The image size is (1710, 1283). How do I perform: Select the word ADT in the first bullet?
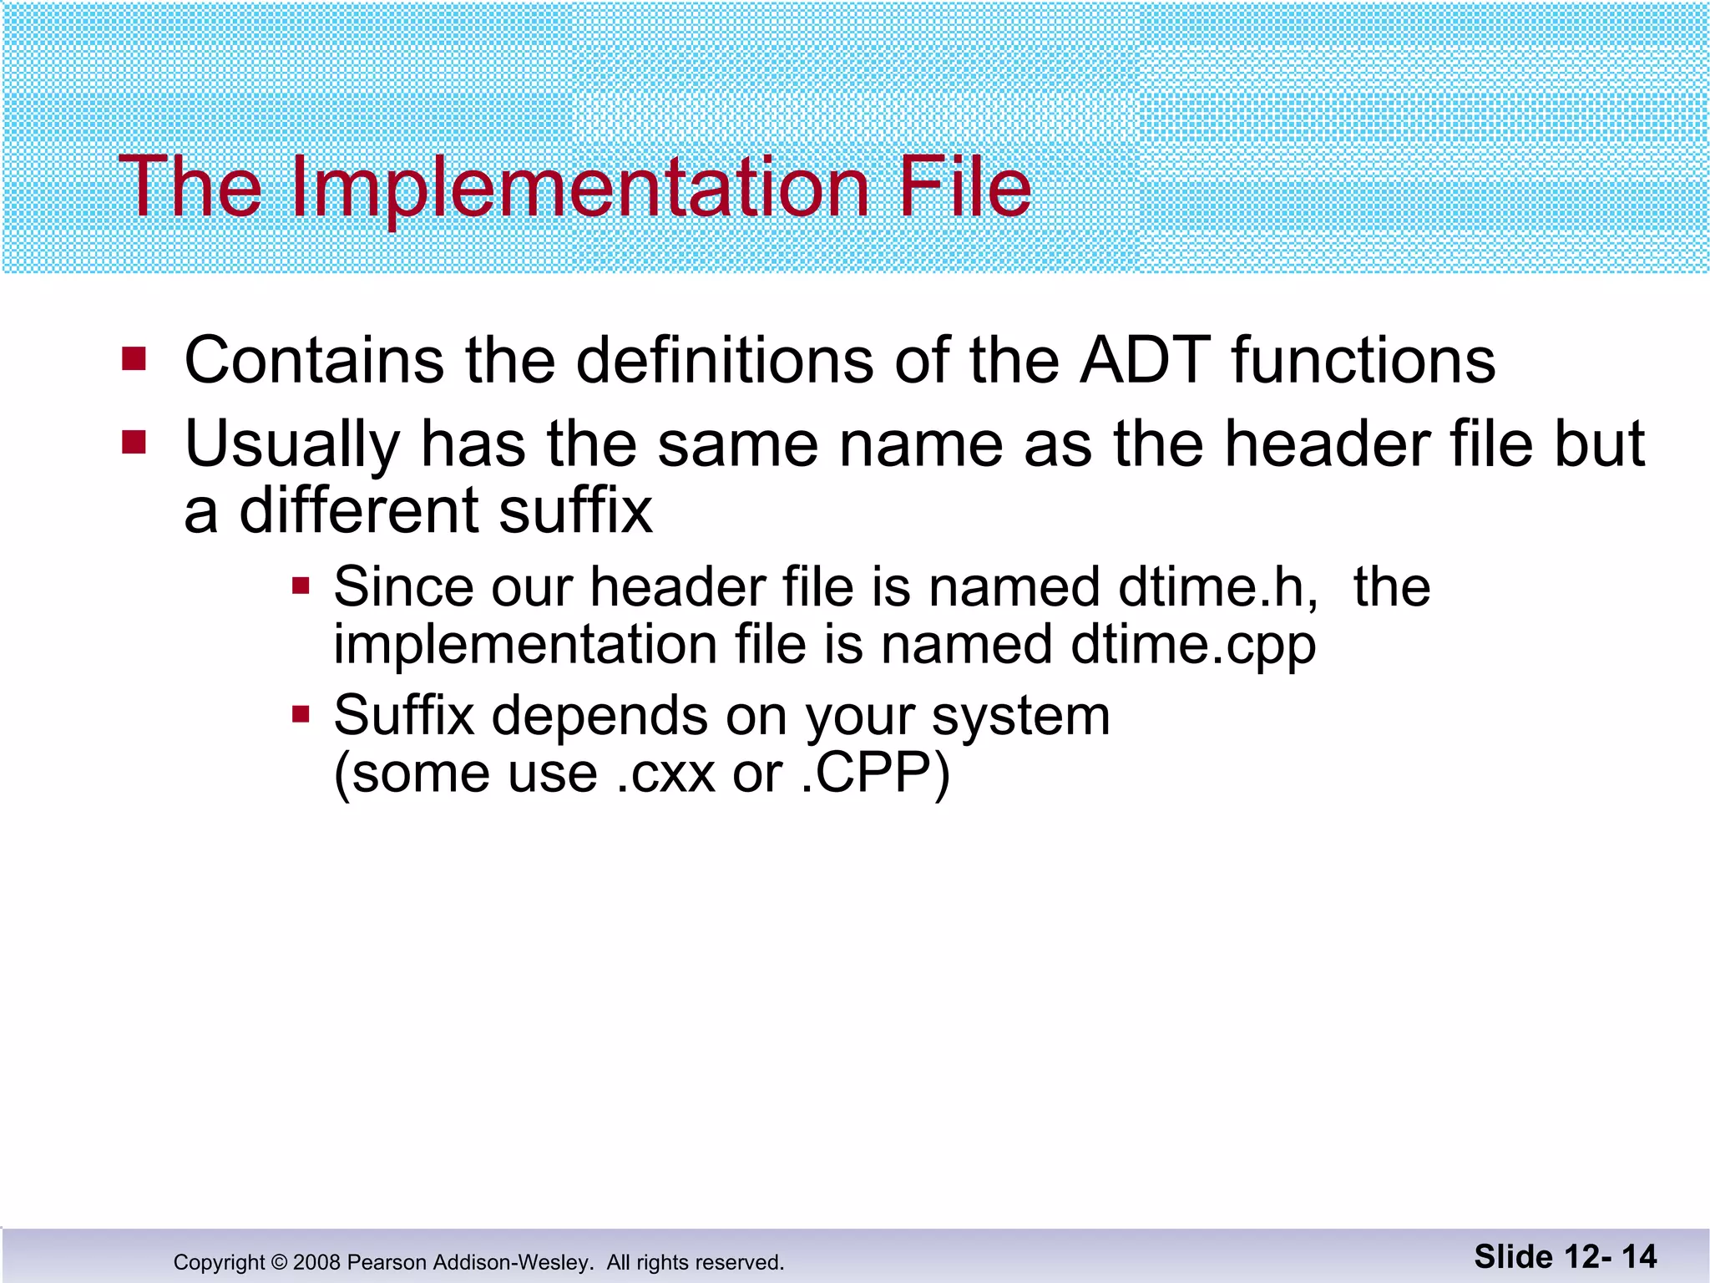[1145, 360]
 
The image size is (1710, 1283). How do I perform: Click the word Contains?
[314, 360]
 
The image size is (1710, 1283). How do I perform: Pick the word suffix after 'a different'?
[575, 510]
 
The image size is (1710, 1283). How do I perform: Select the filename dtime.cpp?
[1194, 645]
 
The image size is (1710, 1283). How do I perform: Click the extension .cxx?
[665, 773]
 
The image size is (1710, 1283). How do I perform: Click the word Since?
[403, 586]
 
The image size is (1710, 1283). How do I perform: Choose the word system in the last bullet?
[1021, 717]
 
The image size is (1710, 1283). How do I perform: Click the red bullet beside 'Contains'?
[134, 359]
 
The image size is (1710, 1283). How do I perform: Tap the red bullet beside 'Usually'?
[134, 442]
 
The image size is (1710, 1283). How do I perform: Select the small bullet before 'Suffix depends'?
[301, 714]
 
